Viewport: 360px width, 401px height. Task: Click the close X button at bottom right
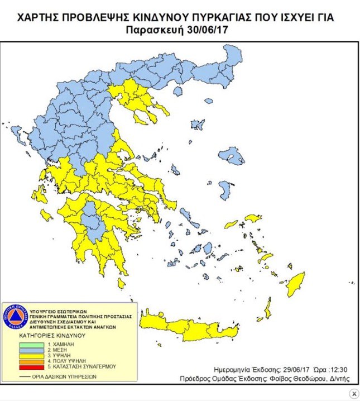click(353, 394)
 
